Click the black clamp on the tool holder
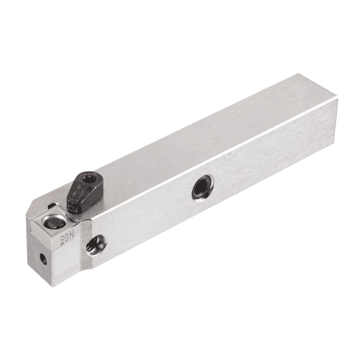[x=82, y=192]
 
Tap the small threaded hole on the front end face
[x=42, y=256]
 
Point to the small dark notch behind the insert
[x=51, y=206]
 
